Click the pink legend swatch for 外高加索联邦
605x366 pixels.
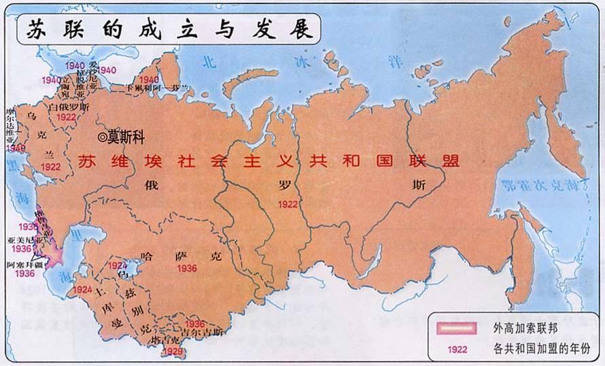pos(456,328)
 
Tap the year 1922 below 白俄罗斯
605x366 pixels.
pos(66,117)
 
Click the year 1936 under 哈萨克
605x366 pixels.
pos(186,269)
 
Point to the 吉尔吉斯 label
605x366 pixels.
pos(205,333)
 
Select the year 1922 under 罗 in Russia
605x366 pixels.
pos(288,203)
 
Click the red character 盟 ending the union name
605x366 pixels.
pos(451,161)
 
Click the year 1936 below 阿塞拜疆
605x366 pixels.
pos(24,273)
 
